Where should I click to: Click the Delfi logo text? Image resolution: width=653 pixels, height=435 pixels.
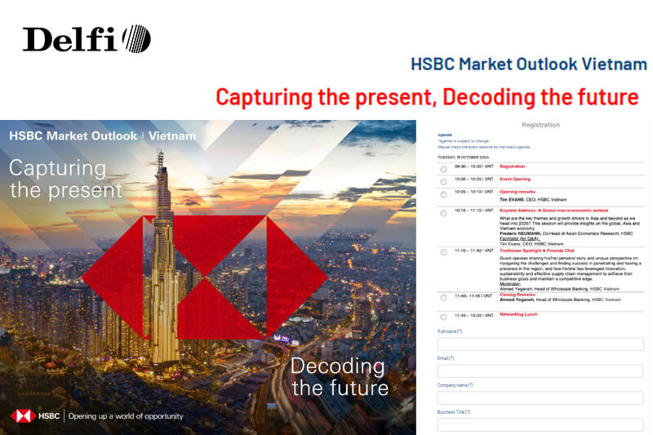point(70,39)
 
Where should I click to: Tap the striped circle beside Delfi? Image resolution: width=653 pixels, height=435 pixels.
point(136,38)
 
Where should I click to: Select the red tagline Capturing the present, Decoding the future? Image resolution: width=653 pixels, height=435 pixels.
point(427,97)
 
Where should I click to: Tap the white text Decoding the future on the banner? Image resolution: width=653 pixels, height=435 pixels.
point(339,375)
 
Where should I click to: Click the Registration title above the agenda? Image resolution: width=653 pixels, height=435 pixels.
point(540,125)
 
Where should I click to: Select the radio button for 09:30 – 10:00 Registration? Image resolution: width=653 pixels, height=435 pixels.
point(443,169)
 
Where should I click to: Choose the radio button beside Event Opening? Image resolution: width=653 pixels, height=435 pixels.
point(443,181)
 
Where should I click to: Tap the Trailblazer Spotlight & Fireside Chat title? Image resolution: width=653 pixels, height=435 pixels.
point(537,251)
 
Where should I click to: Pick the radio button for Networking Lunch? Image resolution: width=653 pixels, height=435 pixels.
point(443,316)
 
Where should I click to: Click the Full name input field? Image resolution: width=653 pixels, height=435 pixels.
point(540,344)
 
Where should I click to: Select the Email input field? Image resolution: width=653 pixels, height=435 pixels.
point(540,371)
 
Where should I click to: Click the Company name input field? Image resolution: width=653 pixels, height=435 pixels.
point(540,397)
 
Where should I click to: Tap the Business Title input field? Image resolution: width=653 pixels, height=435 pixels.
point(540,424)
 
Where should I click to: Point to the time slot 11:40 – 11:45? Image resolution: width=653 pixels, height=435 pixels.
point(473,295)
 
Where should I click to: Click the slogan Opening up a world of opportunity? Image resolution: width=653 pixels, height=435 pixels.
point(126,416)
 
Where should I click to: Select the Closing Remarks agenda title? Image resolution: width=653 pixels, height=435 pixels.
point(520,295)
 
